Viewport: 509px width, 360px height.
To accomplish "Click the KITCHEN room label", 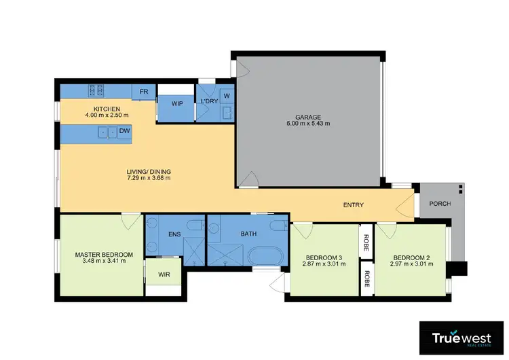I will (x=107, y=109).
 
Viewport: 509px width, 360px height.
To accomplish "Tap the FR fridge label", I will (x=144, y=92).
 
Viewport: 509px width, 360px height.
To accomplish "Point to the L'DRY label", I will (x=208, y=103).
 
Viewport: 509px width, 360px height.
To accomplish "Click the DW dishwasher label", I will (x=124, y=131).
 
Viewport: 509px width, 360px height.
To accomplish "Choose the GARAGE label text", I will (x=308, y=117).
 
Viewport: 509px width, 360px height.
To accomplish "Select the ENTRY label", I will (x=354, y=205).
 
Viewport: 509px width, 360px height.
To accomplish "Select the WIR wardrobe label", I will (x=164, y=275).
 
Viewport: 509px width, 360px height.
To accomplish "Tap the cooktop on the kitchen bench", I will (x=94, y=89).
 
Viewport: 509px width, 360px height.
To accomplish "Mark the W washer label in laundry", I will (x=226, y=96).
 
